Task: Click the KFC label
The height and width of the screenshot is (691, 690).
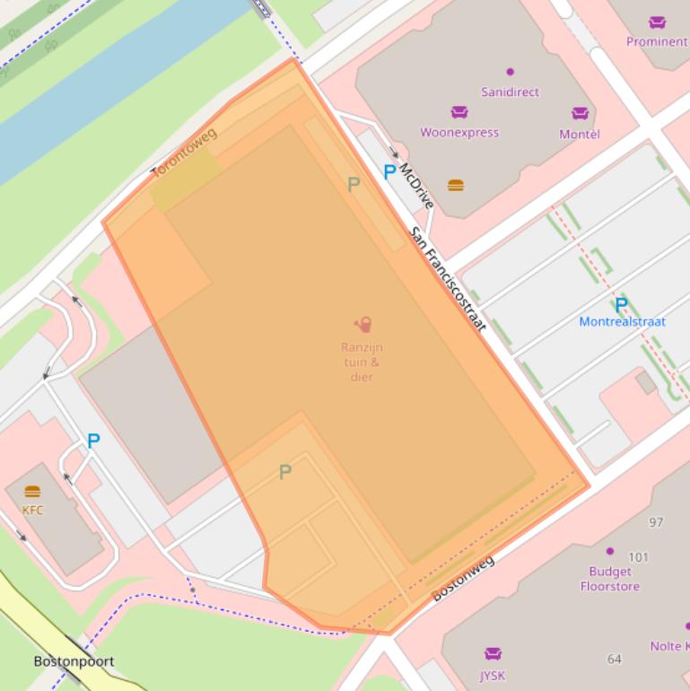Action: [x=32, y=510]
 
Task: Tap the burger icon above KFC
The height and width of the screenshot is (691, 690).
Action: [x=32, y=492]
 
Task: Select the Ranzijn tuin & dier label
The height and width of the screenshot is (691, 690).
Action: [x=362, y=362]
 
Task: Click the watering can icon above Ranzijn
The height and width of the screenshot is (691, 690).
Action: [x=362, y=325]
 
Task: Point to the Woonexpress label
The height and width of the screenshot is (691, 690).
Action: [x=459, y=133]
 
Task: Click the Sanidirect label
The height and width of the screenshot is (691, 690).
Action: [x=510, y=92]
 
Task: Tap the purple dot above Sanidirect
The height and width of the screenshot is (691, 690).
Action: [x=511, y=72]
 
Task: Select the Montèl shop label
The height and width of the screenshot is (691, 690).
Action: [x=580, y=134]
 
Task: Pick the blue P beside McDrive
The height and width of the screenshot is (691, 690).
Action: [x=389, y=171]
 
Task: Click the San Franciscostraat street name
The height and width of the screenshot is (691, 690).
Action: [x=448, y=278]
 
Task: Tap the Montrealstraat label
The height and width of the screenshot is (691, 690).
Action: [x=622, y=321]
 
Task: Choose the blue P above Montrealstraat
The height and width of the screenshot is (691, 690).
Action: [x=621, y=304]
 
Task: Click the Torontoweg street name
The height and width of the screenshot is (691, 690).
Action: [x=184, y=154]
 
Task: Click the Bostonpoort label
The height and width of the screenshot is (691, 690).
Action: [x=74, y=661]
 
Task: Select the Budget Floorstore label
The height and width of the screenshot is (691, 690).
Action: [x=609, y=579]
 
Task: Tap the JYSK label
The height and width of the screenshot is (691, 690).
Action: [x=493, y=676]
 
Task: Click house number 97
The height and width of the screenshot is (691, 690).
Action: [x=656, y=522]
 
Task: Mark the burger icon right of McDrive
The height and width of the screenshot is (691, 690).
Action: [x=456, y=186]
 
